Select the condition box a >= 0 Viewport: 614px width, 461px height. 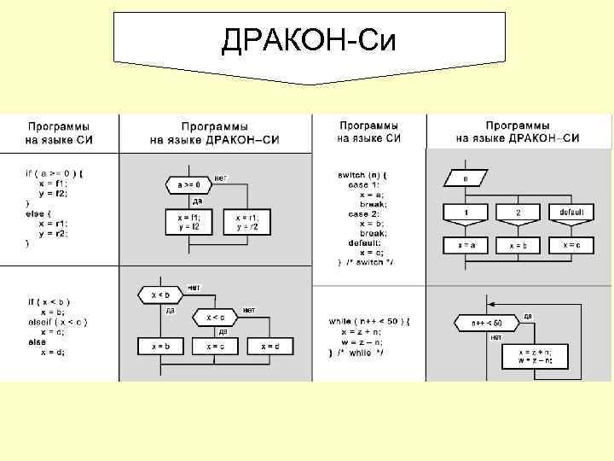coord(188,184)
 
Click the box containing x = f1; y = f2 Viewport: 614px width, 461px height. coord(188,222)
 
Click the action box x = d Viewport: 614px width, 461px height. coord(270,345)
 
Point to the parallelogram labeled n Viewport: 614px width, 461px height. coord(466,179)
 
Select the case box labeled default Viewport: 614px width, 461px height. coord(571,211)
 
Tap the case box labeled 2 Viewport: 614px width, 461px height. coord(518,212)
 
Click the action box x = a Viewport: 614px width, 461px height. coord(466,245)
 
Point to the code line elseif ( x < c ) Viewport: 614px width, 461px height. coord(56,322)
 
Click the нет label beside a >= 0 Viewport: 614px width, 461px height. coord(219,178)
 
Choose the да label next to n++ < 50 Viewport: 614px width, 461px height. coord(528,317)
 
